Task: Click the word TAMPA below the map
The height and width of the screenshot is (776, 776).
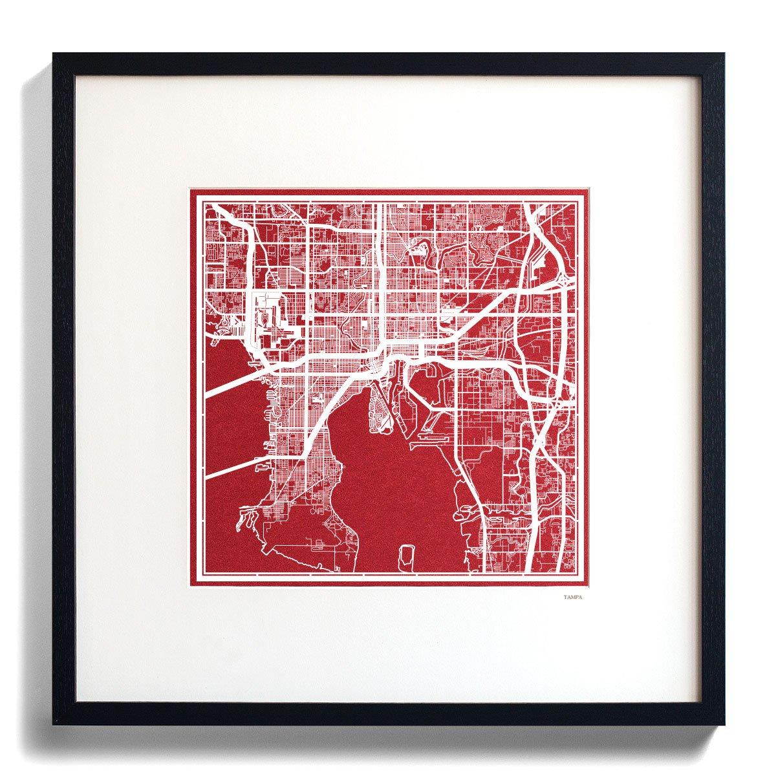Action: [572, 598]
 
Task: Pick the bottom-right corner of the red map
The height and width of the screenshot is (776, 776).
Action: [585, 585]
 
